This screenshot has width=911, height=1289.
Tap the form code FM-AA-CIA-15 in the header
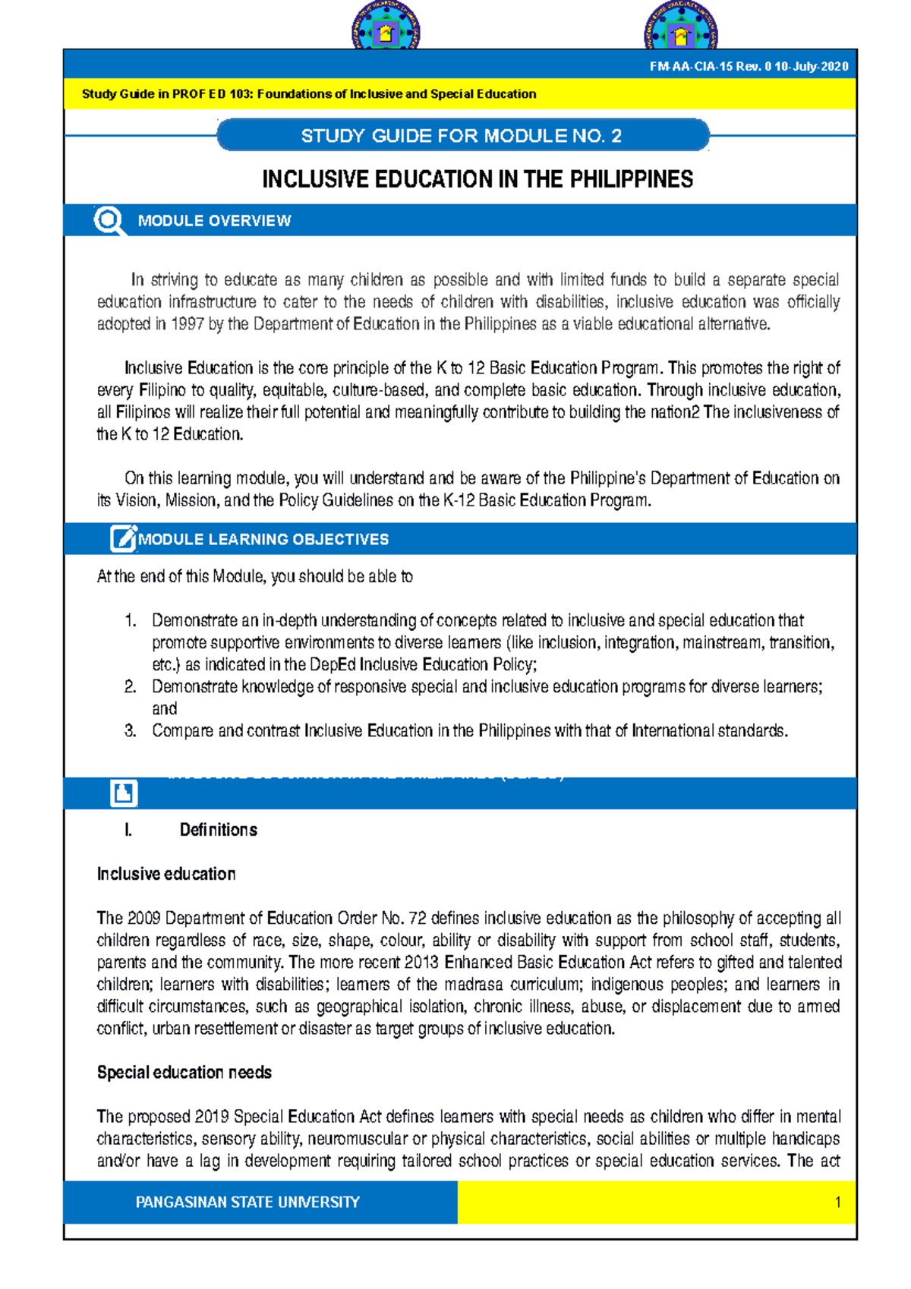(690, 67)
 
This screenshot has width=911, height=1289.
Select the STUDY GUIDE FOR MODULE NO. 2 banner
(462, 136)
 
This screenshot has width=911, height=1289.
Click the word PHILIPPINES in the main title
(631, 180)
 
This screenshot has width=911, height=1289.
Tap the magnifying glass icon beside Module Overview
(109, 221)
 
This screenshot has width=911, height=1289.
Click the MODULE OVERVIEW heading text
(214, 221)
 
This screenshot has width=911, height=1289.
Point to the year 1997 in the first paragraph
(187, 324)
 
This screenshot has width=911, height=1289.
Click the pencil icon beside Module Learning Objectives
(123, 538)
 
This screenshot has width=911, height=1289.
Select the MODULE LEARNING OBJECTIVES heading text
(263, 539)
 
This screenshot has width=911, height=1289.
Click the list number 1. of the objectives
(131, 620)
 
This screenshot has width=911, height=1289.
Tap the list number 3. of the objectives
(131, 731)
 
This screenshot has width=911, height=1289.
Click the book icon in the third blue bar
(124, 793)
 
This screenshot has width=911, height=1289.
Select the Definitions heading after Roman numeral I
(218, 830)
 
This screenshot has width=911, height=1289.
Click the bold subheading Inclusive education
(166, 874)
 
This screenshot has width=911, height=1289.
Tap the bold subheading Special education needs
(184, 1073)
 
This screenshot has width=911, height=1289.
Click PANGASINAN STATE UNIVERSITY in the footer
(247, 1202)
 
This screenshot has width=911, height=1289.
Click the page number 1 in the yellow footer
(837, 1202)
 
